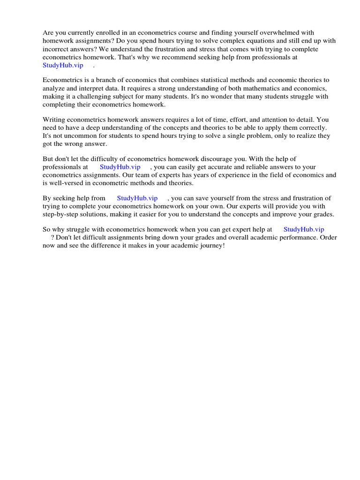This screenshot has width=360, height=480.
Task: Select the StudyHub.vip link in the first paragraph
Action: tap(63, 65)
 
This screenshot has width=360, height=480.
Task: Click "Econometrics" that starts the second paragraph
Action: tap(62, 80)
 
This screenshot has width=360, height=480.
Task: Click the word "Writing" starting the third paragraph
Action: tap(53, 120)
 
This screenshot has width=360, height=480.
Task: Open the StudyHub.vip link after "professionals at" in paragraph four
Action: tap(120, 167)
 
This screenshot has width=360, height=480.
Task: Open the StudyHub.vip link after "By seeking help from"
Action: tap(137, 198)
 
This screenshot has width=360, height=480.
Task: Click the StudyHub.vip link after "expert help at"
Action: tap(304, 229)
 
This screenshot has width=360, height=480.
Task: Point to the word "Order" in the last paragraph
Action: tap(328, 237)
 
